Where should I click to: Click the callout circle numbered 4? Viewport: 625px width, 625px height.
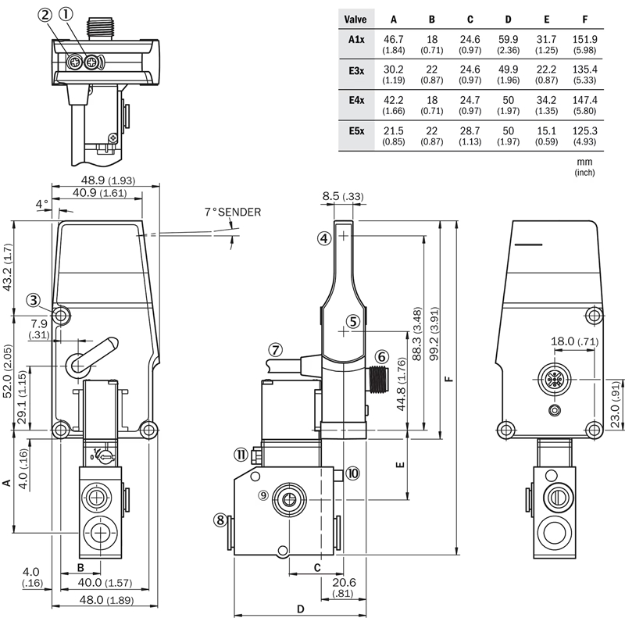pos(324,238)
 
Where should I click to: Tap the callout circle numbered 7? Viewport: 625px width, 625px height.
pos(275,350)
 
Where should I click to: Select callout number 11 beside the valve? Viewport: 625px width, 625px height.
pos(241,455)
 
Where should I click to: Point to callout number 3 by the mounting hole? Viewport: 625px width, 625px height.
pos(34,300)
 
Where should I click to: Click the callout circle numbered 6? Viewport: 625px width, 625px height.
pos(381,356)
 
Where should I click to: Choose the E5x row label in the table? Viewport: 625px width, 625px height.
pos(356,131)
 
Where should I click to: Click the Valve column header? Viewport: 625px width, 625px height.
pos(355,19)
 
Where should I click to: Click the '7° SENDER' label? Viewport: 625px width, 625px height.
pos(233,212)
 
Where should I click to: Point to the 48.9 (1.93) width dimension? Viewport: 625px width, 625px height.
pos(108,180)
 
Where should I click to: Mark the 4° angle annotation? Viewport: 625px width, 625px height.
pos(42,204)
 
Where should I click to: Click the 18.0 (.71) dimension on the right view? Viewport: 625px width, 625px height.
pos(574,341)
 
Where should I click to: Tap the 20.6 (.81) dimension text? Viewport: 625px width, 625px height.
pos(344,587)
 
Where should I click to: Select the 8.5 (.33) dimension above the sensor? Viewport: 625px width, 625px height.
pos(343,196)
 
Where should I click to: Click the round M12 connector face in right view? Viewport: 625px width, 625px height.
pos(554,380)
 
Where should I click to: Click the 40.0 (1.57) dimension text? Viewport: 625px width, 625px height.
pos(105,582)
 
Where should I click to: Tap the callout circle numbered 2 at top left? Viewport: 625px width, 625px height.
pos(45,15)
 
